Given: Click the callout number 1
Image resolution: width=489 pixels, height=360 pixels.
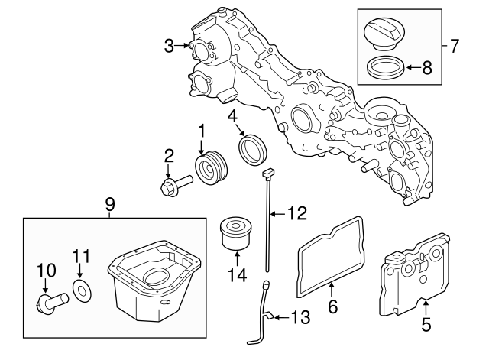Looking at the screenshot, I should pyautogui.click(x=202, y=131).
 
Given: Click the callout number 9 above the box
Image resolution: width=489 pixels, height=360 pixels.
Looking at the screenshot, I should pyautogui.click(x=110, y=205).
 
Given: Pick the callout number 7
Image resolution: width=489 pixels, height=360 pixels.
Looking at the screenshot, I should pyautogui.click(x=454, y=46).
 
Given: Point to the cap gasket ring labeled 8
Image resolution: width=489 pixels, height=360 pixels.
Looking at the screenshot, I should pyautogui.click(x=384, y=69).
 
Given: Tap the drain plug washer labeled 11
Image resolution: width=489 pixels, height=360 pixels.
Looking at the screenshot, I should pyautogui.click(x=80, y=290).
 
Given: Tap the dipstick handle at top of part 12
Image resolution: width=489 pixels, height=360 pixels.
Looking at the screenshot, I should pyautogui.click(x=268, y=176).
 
